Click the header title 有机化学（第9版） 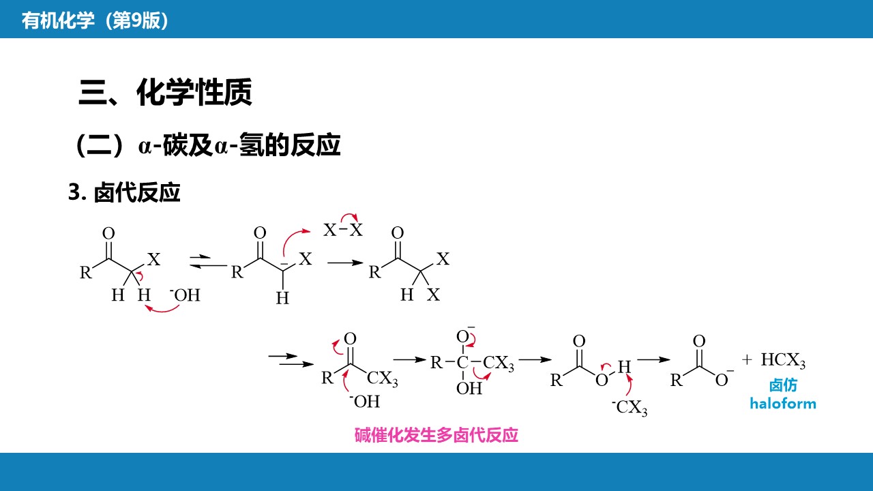[x=95, y=21]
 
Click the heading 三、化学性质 [x=166, y=93]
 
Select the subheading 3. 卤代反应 [x=125, y=193]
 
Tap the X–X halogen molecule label [x=343, y=230]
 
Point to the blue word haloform [x=782, y=403]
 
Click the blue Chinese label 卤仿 [x=783, y=385]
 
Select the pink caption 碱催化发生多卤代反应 [x=436, y=435]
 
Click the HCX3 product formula [x=783, y=361]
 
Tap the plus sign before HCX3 [x=747, y=360]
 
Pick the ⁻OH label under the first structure [x=186, y=295]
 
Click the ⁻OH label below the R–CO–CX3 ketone [x=364, y=401]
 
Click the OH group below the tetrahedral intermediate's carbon [x=469, y=389]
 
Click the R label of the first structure [x=85, y=273]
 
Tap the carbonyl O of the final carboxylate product [x=698, y=341]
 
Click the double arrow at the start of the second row [x=281, y=360]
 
